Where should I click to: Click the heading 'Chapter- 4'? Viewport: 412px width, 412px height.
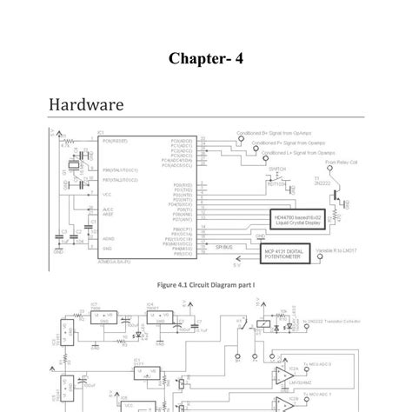[x=206, y=59]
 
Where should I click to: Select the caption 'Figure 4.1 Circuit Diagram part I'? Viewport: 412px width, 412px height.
[x=206, y=283]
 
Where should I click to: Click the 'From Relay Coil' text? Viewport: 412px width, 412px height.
[x=341, y=162]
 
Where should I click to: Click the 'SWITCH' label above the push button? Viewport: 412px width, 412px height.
[x=276, y=169]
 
